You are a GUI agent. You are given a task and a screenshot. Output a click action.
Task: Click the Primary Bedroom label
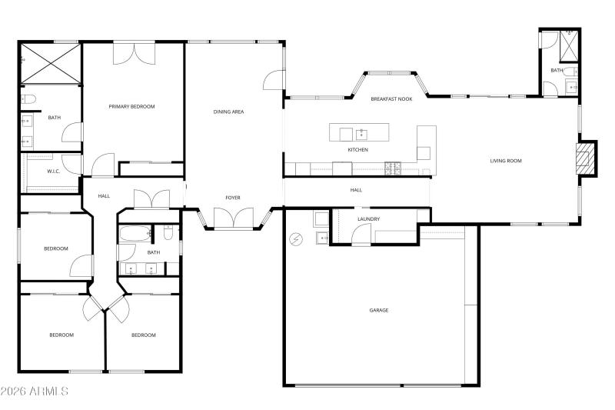point(131,107)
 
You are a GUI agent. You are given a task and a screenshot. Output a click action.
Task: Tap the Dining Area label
point(228,112)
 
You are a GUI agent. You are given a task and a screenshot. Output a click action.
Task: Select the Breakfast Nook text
point(391,99)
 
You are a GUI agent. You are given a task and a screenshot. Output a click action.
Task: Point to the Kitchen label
point(357,150)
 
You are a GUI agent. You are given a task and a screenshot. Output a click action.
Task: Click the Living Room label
point(506,161)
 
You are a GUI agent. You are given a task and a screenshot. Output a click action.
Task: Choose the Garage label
point(378,310)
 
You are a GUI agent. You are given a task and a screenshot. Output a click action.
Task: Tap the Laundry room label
point(368,219)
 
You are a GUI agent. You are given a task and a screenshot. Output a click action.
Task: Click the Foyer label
point(232,198)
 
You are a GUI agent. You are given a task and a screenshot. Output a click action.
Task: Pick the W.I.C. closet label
point(53,172)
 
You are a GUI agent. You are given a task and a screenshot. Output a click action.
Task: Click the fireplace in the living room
point(587,158)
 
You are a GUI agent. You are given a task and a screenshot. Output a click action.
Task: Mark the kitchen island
point(367,133)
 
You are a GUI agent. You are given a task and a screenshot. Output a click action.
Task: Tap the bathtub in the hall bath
point(135,233)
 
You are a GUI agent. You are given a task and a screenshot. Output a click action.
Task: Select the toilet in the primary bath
point(29,98)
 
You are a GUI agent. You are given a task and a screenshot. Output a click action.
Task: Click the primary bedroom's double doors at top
point(134,53)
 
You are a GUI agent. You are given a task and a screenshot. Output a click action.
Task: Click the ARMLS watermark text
point(35,392)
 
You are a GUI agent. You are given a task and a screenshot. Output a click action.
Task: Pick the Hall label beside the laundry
point(356,190)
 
